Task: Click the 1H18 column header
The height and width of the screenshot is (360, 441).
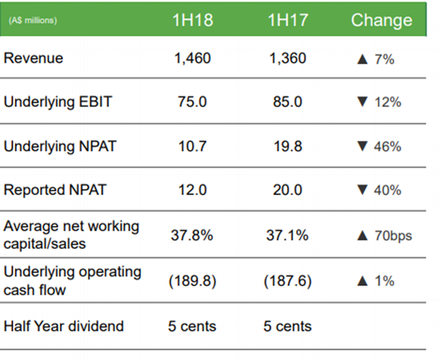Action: pos(193,20)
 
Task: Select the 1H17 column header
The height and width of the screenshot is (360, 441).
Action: pos(288,20)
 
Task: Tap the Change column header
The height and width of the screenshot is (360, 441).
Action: pos(382,21)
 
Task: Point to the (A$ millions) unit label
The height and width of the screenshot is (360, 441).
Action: pos(33,20)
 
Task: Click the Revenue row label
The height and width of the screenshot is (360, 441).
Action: pos(33,58)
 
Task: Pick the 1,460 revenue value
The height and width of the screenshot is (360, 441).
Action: pos(193,58)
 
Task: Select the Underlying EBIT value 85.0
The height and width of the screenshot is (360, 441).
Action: pos(288,102)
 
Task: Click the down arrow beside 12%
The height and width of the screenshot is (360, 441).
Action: pos(362,102)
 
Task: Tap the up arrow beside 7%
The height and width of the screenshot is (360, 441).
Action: pos(362,59)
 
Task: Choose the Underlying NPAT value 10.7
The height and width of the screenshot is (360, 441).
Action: pos(193,146)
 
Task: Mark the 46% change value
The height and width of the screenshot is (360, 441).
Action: pos(387,146)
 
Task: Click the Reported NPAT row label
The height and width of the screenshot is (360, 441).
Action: pos(55,190)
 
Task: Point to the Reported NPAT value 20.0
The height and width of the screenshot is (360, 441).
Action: pos(288,190)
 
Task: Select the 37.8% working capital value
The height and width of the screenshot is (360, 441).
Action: pos(192,235)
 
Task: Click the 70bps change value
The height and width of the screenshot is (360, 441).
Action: pos(394,236)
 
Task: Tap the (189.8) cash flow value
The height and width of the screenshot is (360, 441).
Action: pos(193,281)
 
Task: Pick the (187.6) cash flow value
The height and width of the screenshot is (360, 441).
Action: pos(288,281)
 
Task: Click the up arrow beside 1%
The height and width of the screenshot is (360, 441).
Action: pos(362,281)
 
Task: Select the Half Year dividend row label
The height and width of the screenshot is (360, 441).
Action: pos(64,327)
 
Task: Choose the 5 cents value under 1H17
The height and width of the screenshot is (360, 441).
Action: pos(288,327)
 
